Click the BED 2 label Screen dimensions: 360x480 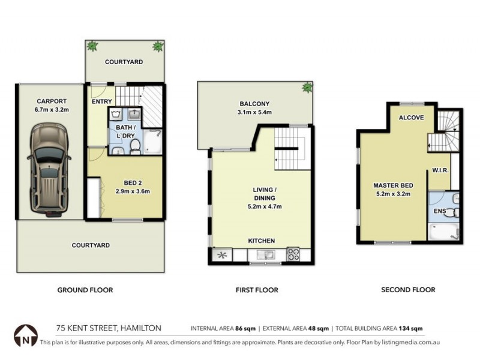(x=131, y=182)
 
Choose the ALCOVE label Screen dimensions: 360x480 (x=412, y=118)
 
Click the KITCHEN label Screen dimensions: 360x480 (x=262, y=241)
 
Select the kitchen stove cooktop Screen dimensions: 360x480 (x=294, y=254)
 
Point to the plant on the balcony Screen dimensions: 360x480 (x=307, y=88)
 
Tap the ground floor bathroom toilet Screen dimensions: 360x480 (x=136, y=145)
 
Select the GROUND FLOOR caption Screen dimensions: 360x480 (x=85, y=290)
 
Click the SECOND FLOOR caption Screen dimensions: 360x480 (x=408, y=290)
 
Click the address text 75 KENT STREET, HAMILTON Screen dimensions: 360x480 (x=109, y=328)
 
